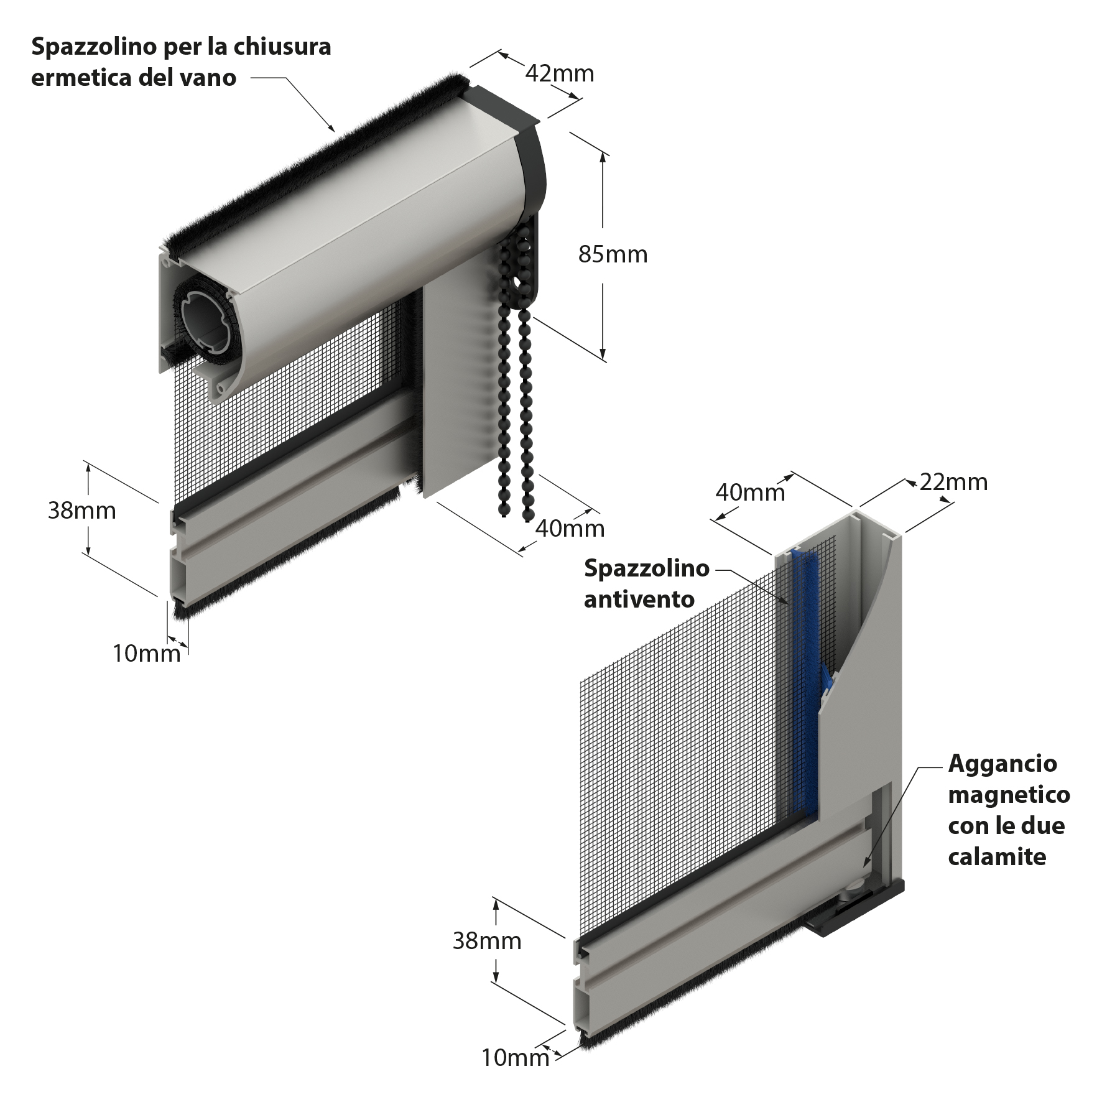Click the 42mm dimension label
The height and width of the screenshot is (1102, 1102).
pos(560,74)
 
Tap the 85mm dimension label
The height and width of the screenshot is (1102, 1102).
pos(613,254)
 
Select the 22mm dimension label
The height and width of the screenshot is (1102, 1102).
pos(953,482)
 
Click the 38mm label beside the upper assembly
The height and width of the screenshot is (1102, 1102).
pos(81,511)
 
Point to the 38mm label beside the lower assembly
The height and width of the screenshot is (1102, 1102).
pos(486,941)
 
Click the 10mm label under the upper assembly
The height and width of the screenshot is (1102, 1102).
pos(147,653)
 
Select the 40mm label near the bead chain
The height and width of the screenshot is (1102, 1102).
pos(570,528)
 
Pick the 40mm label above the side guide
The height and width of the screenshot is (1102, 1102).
pos(750,493)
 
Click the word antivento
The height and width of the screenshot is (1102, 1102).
pos(639,600)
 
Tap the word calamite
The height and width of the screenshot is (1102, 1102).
pos(997,857)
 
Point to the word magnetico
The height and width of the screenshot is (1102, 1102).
pos(1009,795)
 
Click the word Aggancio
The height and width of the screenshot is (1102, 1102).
pos(1002,764)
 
